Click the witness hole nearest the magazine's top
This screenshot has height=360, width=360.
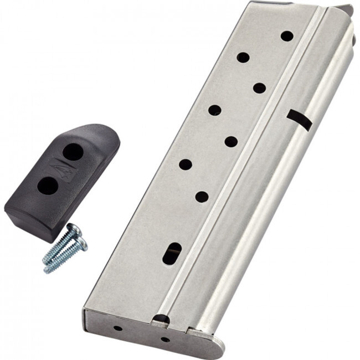(x=287, y=36)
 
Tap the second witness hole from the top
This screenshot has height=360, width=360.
(x=243, y=57)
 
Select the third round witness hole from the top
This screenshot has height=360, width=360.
(x=259, y=88)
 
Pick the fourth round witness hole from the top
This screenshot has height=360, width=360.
(x=215, y=110)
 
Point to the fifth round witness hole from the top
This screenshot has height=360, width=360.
(x=231, y=141)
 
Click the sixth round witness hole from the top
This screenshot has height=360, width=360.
(x=186, y=164)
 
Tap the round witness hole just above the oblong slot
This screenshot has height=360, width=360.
(x=202, y=196)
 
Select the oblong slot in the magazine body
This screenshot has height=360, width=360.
(x=172, y=253)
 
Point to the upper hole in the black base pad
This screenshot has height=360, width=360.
(x=72, y=151)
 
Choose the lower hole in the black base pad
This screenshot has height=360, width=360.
(x=48, y=186)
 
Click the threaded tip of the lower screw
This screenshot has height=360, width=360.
(x=48, y=270)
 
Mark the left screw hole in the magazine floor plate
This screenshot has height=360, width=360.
(x=118, y=328)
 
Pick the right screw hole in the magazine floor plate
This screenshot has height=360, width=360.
(x=165, y=339)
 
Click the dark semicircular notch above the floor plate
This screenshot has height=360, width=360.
(x=161, y=318)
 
